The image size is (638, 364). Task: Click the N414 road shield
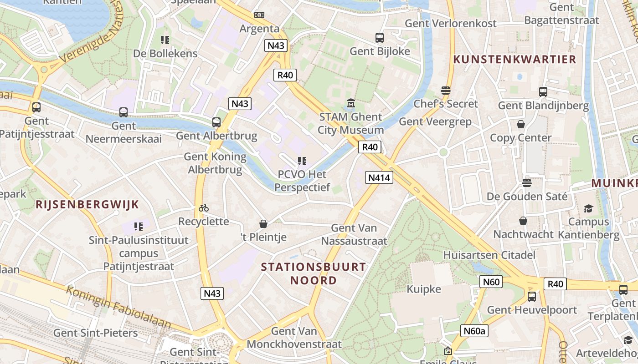379,177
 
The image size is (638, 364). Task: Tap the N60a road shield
473,331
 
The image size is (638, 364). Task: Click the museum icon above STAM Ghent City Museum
350,104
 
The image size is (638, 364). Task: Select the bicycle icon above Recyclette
204,208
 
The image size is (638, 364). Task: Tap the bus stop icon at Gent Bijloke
380,38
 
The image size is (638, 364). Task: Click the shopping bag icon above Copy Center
520,124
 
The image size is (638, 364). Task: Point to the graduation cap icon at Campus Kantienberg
588,208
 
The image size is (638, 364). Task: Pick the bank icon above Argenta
259,15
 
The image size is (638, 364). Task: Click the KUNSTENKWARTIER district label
515,59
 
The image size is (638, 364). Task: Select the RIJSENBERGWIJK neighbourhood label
87,204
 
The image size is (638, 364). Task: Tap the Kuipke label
424,289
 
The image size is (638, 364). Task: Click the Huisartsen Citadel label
489,255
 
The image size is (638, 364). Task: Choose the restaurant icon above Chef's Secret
446,91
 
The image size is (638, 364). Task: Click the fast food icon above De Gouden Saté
527,183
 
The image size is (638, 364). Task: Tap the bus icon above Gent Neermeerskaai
123,112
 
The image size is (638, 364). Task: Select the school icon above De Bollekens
165,40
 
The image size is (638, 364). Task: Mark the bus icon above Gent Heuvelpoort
531,297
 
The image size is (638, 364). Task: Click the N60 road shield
491,282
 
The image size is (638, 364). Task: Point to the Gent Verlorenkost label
450,23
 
